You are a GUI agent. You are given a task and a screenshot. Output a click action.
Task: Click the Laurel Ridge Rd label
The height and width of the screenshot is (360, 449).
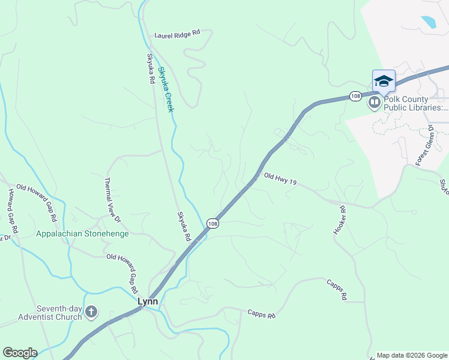pos(176,35)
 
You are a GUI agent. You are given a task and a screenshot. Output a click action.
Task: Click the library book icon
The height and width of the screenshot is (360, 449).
pos(375,103)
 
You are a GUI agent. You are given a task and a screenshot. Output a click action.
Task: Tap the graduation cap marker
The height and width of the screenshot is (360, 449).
pos(384,81)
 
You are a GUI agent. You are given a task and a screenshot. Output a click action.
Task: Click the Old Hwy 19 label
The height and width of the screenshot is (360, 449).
pos(280,179)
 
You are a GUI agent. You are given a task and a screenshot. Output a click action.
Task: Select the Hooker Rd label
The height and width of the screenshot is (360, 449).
pos(340,220)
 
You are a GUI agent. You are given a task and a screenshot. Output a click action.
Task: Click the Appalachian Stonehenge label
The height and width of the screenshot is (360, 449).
pos(82,233)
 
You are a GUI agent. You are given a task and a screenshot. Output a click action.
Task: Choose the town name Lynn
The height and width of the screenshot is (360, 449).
pos(148,302)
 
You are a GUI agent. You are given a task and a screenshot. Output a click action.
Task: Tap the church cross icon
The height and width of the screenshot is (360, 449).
pos(91,311)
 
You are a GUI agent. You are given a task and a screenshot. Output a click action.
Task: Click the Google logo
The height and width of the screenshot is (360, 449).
pos(20,353)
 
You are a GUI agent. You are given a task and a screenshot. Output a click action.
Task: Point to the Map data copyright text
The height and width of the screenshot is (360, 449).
pos(411,355)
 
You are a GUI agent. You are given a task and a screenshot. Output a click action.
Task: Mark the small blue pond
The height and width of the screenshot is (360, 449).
pos(429,23)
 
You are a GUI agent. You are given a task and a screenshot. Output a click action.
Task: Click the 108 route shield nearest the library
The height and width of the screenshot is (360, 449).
pos(355,96)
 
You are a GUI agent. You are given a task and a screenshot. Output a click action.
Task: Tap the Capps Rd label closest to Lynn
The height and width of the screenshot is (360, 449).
pos(261,314)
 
